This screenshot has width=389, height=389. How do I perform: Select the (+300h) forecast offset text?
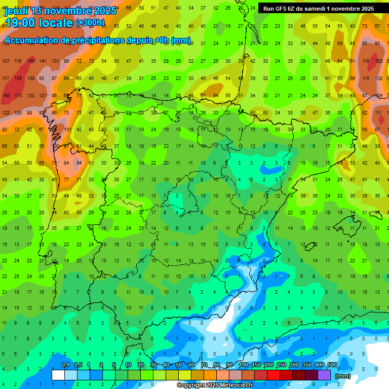click(90, 23)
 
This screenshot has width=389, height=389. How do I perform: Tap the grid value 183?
click(378, 61)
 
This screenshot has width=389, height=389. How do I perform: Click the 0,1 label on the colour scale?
click(65, 365)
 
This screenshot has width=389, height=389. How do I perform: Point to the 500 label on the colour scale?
click(332, 365)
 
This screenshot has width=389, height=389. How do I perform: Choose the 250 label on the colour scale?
click(282, 365)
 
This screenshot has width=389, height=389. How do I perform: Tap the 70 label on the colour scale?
click(204, 365)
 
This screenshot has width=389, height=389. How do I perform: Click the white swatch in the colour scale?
click(58, 375)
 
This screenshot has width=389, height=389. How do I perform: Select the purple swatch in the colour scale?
click(324, 375)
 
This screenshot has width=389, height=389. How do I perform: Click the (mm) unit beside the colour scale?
click(343, 376)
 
